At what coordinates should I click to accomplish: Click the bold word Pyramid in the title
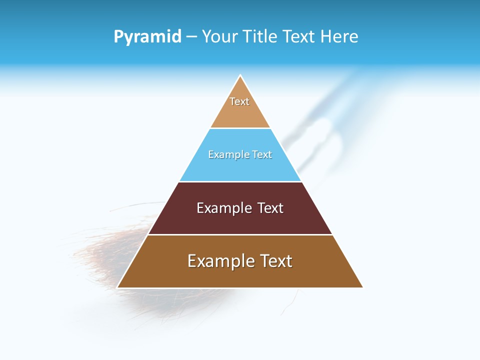pos(147,37)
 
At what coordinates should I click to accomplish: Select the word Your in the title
pos(218,37)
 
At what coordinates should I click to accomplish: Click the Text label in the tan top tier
pos(239,101)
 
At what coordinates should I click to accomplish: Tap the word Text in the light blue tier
pos(262,154)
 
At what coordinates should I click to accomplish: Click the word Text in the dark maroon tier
pos(270,208)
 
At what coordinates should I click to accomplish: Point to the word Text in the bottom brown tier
pos(275,261)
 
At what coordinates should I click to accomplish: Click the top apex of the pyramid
pos(240,76)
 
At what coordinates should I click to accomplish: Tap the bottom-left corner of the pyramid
pos(118,287)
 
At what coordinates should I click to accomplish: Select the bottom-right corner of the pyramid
pos(362,287)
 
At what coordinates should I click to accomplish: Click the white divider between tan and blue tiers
pos(240,128)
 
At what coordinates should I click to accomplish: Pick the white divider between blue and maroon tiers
pos(240,181)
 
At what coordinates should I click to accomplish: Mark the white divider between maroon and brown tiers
pos(240,234)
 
